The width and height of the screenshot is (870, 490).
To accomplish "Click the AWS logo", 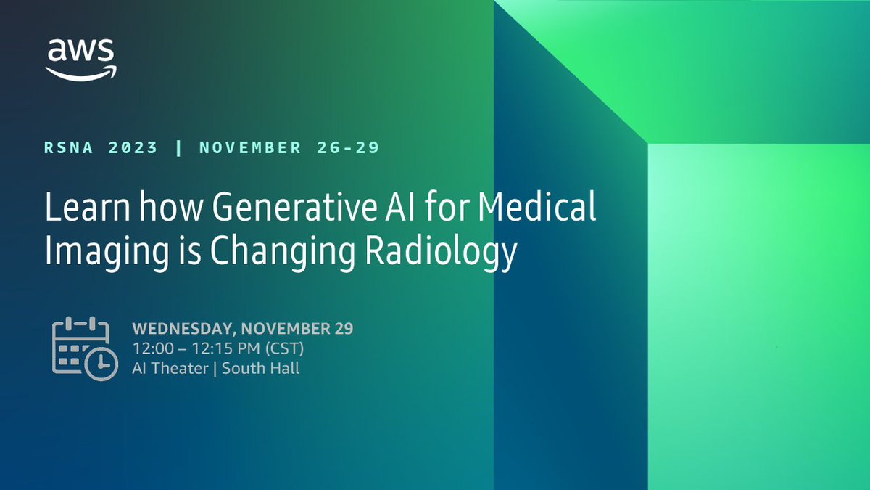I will pos(80,58).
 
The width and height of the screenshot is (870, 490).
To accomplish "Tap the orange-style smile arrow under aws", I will pos(80,73).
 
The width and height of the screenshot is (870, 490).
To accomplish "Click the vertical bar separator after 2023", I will pos(178,148).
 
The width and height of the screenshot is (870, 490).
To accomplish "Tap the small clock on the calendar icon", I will pos(101,363).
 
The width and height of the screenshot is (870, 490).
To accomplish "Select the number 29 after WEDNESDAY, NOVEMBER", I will pos(344,328).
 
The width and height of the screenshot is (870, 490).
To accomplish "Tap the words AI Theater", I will pos(170,368).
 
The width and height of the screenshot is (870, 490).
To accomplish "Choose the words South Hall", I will pos(261,368).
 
